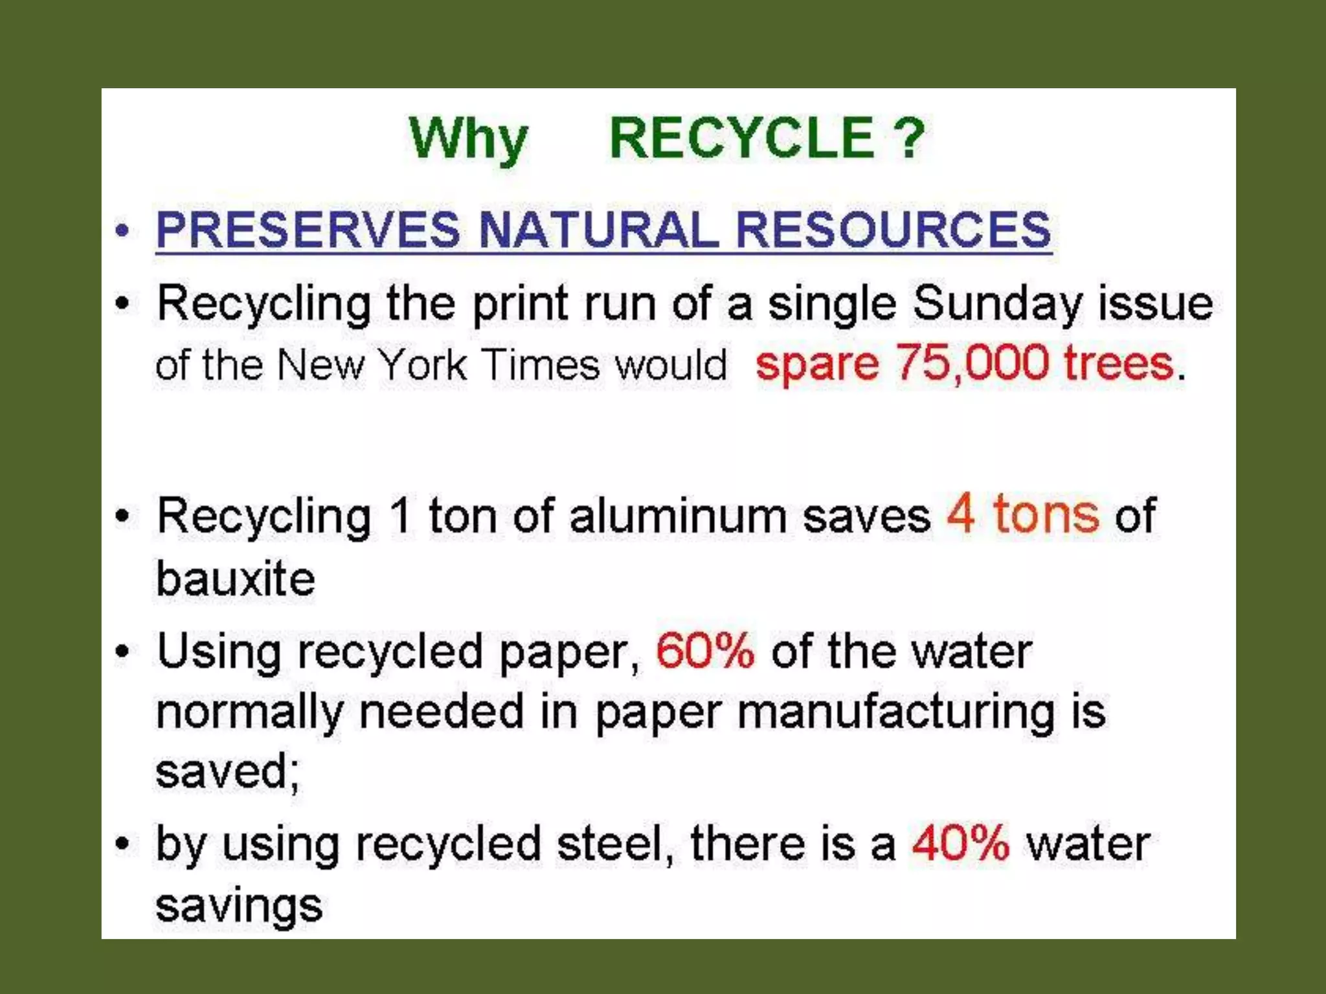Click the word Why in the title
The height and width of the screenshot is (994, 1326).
coord(468,140)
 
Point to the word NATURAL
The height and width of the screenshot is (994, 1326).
coord(598,230)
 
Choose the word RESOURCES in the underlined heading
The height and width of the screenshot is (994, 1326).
coord(893,230)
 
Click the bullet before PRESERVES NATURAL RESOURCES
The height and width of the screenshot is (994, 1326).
coord(122,230)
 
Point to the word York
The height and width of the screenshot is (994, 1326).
coord(422,364)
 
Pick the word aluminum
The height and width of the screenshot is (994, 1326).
coord(678,517)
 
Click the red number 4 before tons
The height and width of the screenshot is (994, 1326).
coord(961,514)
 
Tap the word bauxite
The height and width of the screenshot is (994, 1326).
coord(236,579)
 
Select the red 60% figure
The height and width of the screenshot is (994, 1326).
coord(705,650)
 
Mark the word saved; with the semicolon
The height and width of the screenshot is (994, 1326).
coord(228,772)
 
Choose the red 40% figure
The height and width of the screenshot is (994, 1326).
coord(961,843)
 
